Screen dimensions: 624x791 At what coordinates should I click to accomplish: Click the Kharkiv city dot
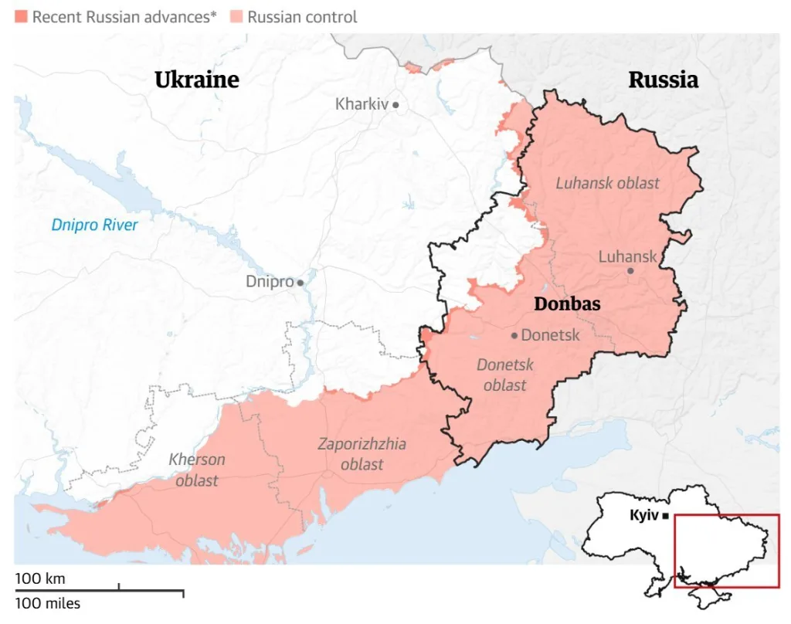coord(395,104)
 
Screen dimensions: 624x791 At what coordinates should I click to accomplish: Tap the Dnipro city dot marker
coord(300,283)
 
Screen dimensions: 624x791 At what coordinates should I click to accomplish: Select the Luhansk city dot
coord(630,271)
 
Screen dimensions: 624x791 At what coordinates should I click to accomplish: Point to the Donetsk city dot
coord(514,335)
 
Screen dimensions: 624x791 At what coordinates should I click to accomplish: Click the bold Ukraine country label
coord(197,80)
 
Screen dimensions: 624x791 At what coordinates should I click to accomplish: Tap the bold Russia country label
coord(663,80)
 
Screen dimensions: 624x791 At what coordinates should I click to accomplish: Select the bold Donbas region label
coord(567,304)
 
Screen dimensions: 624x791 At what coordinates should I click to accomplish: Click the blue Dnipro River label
coord(94,225)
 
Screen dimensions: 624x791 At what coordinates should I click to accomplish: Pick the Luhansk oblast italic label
coord(608,183)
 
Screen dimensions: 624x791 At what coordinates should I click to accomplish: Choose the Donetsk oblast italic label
coord(504,375)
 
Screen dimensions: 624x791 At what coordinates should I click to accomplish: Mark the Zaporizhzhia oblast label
coord(362,454)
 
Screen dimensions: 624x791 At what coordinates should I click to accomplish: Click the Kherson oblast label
coord(197,470)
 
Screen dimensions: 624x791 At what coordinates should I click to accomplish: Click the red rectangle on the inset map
coord(726,551)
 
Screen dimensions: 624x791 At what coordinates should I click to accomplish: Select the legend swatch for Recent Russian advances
coord(21,16)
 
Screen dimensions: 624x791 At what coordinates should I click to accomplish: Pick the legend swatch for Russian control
coord(236,16)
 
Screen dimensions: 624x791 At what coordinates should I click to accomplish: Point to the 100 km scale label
coord(40,578)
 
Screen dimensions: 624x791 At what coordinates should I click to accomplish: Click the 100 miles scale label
coord(47,603)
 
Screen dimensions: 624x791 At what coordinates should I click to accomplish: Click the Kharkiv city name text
coord(361,103)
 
